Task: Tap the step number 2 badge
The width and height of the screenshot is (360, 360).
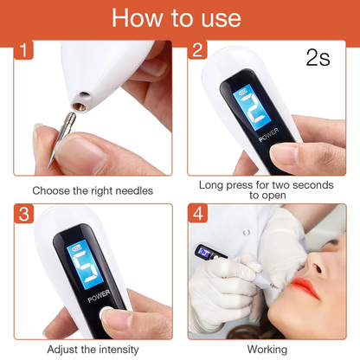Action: [x=199, y=50]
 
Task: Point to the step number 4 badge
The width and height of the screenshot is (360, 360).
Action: [x=199, y=214]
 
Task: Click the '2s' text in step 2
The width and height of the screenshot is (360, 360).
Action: [x=318, y=59]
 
